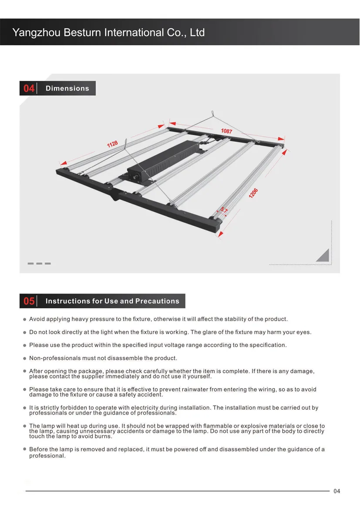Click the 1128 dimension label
pyautogui.click(x=112, y=144)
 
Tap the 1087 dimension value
pyautogui.click(x=226, y=131)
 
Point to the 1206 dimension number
pyautogui.click(x=253, y=193)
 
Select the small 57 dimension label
pyautogui.click(x=224, y=211)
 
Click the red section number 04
pyautogui.click(x=29, y=88)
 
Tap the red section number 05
pyautogui.click(x=29, y=301)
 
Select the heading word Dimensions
pyautogui.click(x=67, y=88)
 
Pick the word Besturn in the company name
pyautogui.click(x=82, y=32)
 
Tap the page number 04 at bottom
pyautogui.click(x=336, y=491)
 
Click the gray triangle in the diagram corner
pyautogui.click(x=323, y=256)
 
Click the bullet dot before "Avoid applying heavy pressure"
pyautogui.click(x=25, y=319)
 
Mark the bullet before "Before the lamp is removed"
pyautogui.click(x=25, y=449)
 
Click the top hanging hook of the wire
pyautogui.click(x=212, y=114)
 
